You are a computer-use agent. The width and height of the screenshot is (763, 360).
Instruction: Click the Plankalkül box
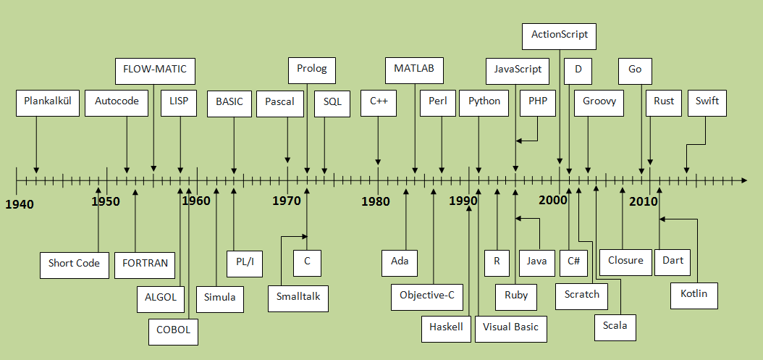48,102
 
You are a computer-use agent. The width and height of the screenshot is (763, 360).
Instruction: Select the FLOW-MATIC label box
155,70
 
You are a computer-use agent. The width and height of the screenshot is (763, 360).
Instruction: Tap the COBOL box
173,330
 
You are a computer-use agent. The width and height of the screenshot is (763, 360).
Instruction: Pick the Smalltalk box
298,298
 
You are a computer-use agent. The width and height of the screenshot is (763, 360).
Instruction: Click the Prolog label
312,70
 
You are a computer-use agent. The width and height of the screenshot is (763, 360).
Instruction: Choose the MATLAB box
414,70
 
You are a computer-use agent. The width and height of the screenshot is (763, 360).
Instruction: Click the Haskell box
446,327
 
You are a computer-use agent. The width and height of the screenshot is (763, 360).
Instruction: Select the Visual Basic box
511,327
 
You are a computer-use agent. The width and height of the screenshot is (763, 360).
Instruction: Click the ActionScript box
559,35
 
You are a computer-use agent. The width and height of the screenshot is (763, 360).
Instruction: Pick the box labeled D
578,70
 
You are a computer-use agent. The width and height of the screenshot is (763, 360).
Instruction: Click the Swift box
707,102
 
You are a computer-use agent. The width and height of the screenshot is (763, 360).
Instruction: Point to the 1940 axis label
20,205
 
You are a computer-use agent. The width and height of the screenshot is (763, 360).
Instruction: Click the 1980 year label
376,201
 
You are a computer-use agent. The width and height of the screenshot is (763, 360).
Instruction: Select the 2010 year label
643,201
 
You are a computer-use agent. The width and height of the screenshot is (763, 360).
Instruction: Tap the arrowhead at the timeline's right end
742,179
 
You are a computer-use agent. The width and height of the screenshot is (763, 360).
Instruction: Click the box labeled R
497,261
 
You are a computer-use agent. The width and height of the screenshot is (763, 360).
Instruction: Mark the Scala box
615,326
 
